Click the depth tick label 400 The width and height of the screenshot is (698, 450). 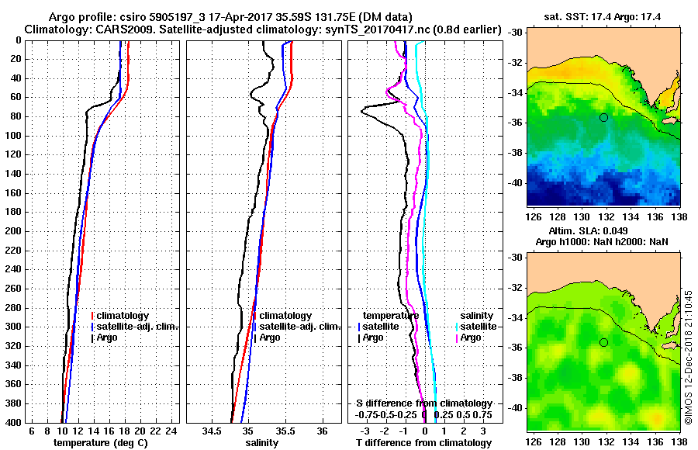[14, 422]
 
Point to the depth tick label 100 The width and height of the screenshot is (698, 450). [14, 136]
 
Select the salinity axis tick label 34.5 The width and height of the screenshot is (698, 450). [211, 431]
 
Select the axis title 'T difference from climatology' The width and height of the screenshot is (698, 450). [424, 442]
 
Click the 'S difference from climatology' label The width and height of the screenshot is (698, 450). [424, 403]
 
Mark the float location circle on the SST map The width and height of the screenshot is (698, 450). [603, 117]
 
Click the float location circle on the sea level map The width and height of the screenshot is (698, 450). [603, 342]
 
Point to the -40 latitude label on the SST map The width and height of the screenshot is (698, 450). [514, 182]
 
